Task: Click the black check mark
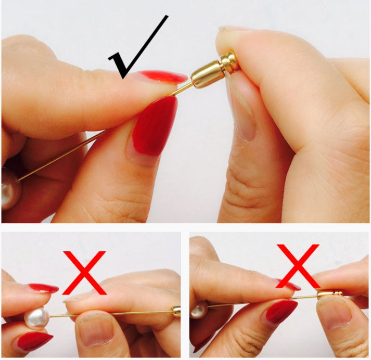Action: [136, 52]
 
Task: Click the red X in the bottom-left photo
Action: [84, 272]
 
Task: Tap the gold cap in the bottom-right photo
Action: [330, 294]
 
